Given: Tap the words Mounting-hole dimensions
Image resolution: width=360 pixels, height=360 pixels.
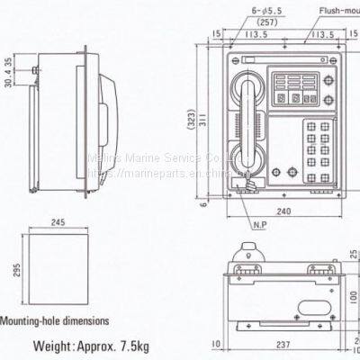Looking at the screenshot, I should pyautogui.click(x=56, y=319).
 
